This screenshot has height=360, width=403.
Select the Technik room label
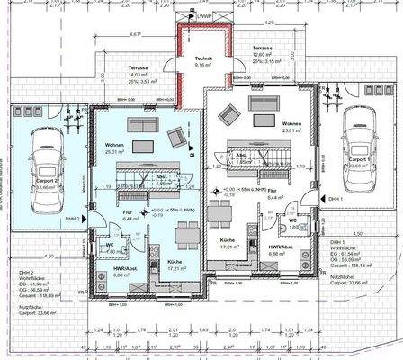203,60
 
